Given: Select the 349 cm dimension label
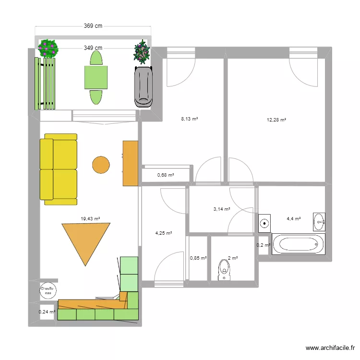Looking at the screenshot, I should (93, 48).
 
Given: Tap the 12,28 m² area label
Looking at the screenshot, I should (276, 120).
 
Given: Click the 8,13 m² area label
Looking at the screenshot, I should (189, 120).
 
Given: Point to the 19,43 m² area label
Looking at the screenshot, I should (90, 218).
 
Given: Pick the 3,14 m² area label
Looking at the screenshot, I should (221, 209).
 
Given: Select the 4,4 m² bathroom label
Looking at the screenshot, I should (293, 218).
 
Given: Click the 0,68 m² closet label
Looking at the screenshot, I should (166, 175).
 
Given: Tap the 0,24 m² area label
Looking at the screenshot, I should (47, 312).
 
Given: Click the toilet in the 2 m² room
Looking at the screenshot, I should (224, 269).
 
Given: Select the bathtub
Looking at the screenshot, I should (297, 243).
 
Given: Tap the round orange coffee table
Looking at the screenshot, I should (101, 165).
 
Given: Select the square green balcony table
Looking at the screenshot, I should (96, 77).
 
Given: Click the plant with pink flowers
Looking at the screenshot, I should (48, 48).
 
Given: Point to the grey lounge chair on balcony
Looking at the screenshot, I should (144, 86).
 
